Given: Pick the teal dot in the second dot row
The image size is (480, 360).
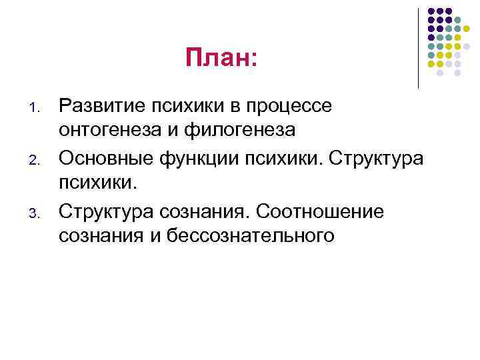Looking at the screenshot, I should (458, 20).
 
